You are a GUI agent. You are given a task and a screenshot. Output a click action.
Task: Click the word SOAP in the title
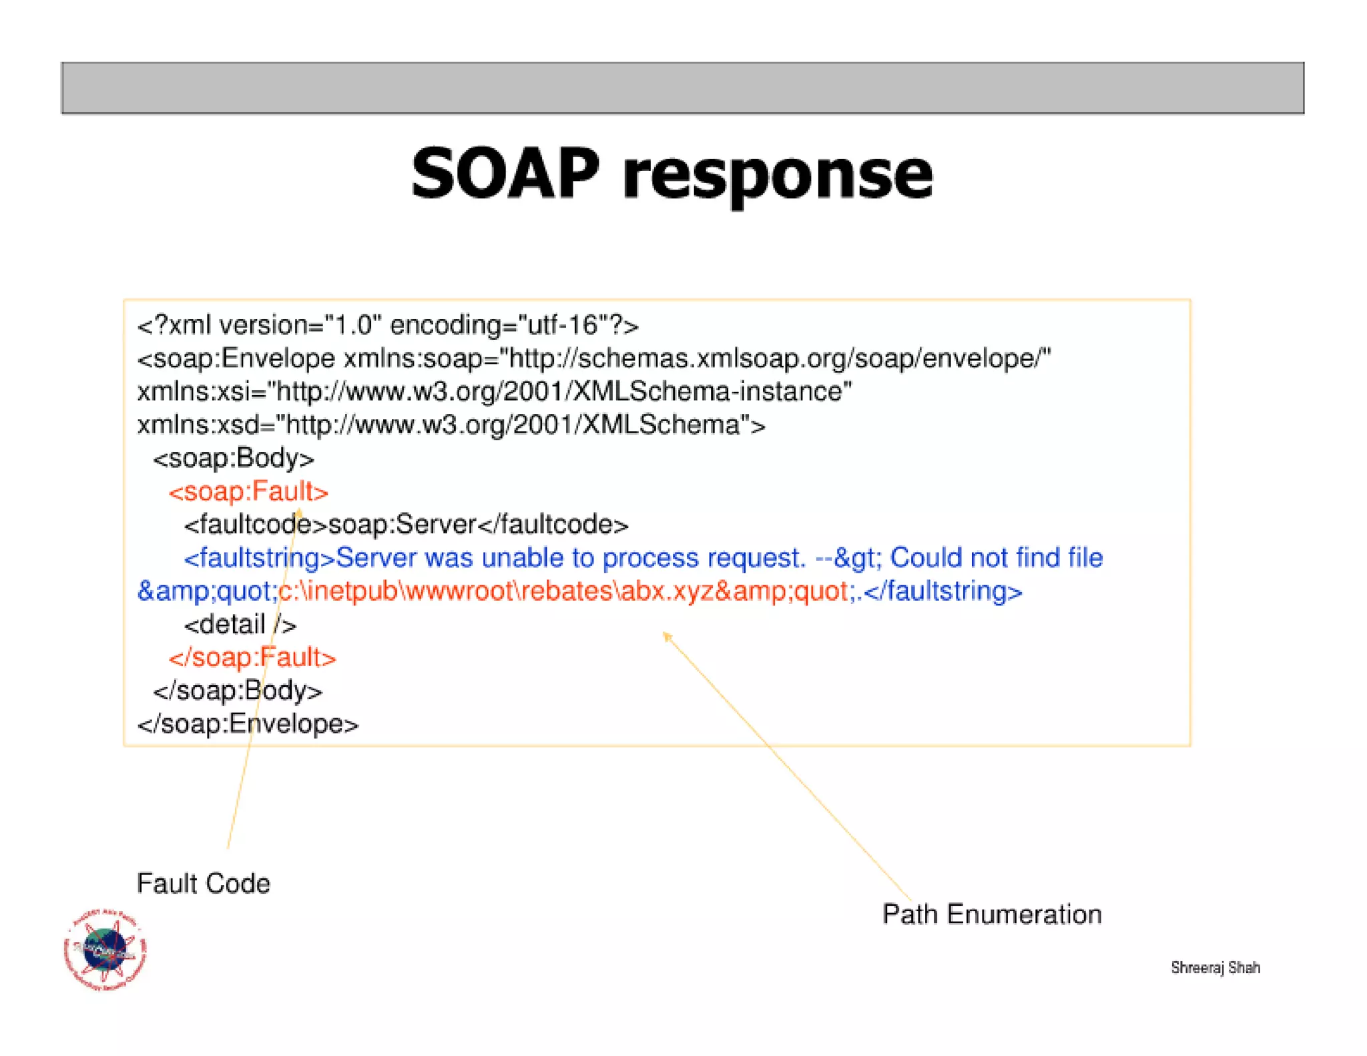[505, 175]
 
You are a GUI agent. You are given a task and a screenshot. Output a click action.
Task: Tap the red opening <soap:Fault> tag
[248, 492]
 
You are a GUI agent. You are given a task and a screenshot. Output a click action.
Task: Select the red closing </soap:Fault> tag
[252, 657]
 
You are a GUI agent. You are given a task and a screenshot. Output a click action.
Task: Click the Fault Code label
[204, 883]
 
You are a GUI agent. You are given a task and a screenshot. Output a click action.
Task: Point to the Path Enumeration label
[992, 914]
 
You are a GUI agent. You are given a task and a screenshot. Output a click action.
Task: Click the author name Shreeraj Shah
[1215, 967]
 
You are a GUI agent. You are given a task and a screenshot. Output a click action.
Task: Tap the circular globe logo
[105, 949]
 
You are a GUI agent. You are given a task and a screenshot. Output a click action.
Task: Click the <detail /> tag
[240, 625]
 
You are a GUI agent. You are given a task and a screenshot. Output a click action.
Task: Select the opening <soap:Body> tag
[233, 459]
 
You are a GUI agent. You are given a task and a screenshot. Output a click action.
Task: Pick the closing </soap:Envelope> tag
[248, 724]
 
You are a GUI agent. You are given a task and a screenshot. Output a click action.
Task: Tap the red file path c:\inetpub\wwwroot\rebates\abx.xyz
[494, 591]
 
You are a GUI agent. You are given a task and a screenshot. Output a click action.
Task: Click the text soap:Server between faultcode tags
[402, 525]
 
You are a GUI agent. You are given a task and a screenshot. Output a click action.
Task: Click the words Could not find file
[996, 558]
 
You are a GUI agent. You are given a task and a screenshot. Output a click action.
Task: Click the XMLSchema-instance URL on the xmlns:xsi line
[563, 392]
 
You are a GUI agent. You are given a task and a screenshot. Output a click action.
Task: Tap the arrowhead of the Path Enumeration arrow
[666, 635]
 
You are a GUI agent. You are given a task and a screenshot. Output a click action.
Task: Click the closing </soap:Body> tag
[238, 691]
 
